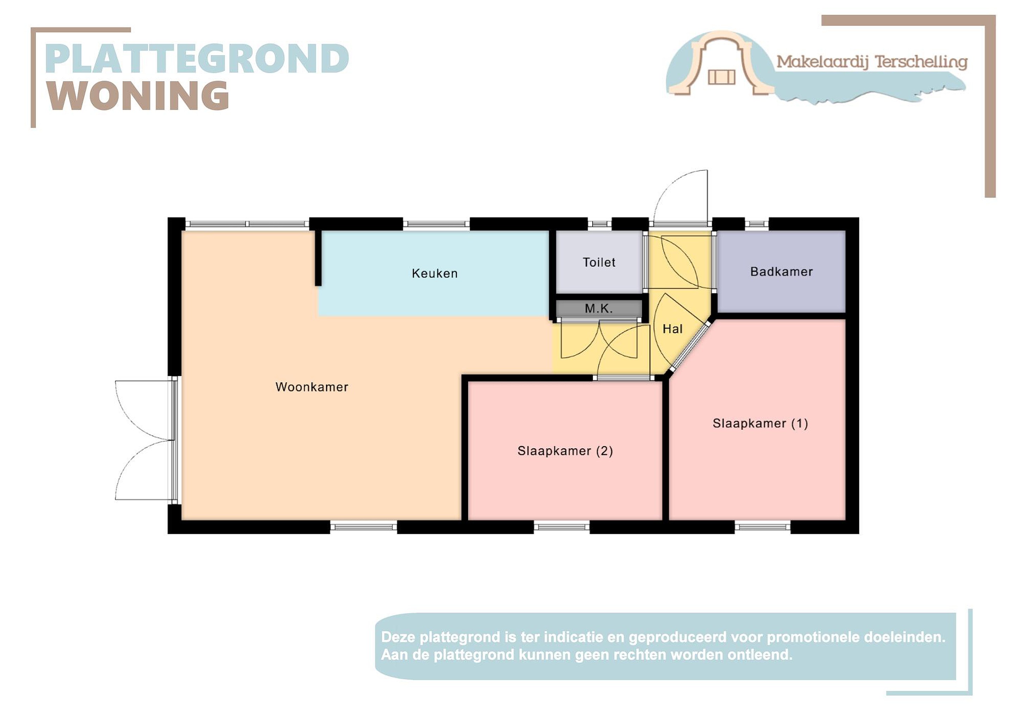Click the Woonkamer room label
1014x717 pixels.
pyautogui.click(x=312, y=387)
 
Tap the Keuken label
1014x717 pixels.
pyautogui.click(x=434, y=274)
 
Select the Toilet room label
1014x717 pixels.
pyautogui.click(x=599, y=262)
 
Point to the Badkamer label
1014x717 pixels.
pyautogui.click(x=781, y=272)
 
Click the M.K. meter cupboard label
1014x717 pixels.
pyautogui.click(x=599, y=308)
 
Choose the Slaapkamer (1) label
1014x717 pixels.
pyautogui.click(x=760, y=423)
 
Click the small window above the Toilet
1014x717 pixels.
pyautogui.click(x=599, y=224)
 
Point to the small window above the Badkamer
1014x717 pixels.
pyautogui.click(x=757, y=224)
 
